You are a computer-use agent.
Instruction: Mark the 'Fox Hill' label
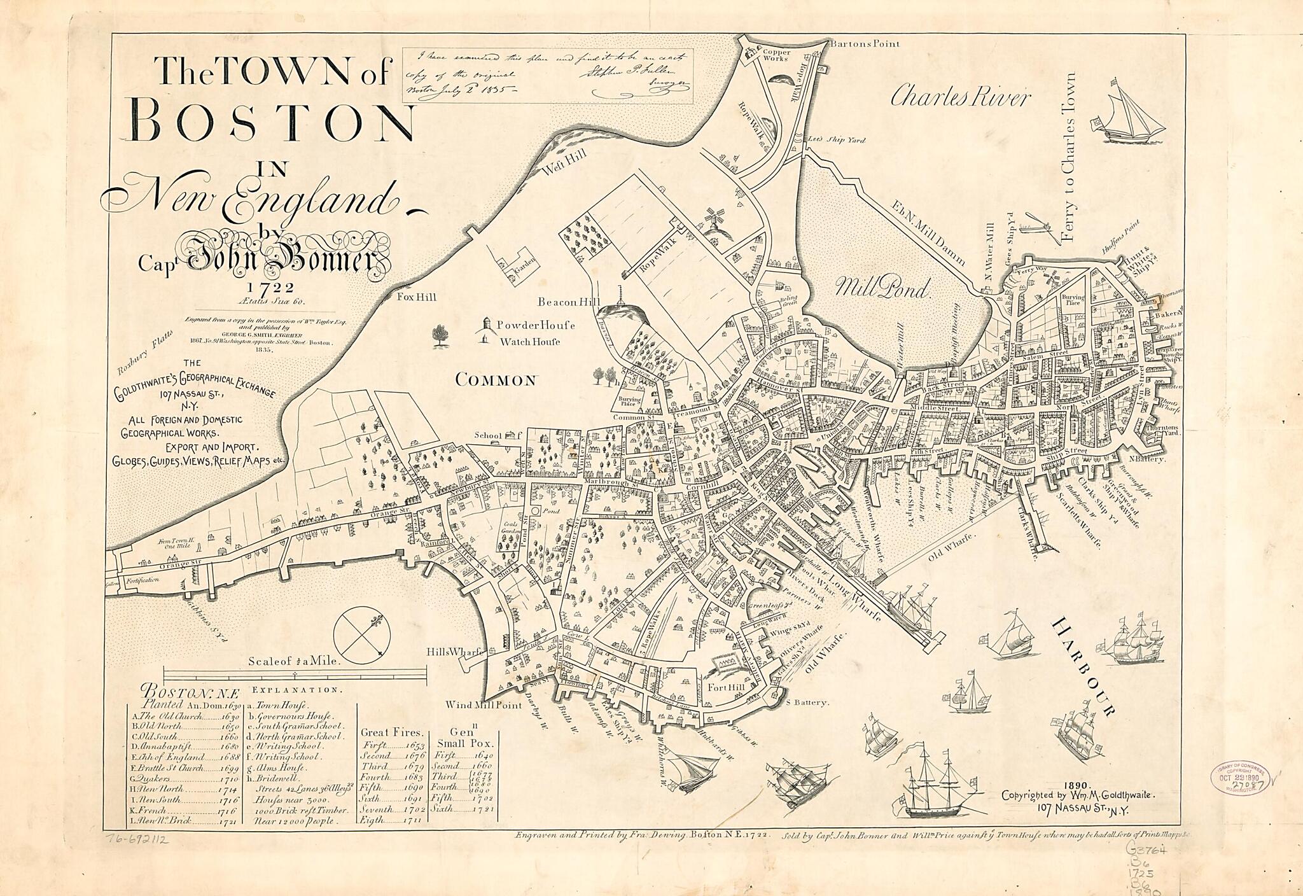[414, 297]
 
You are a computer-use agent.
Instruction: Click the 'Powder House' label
[536, 325]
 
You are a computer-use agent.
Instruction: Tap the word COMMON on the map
[496, 381]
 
